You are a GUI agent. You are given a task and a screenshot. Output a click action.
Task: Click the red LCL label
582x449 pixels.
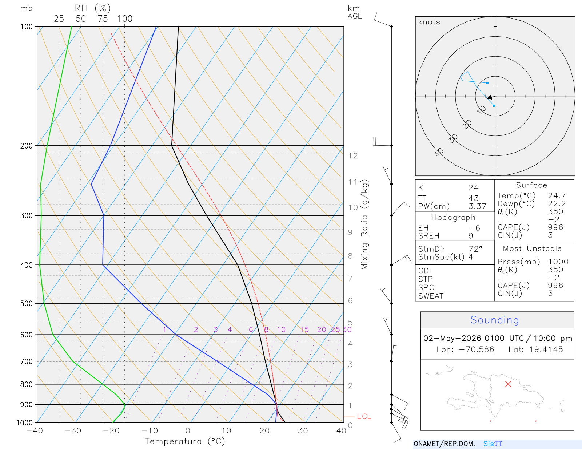click(x=364, y=416)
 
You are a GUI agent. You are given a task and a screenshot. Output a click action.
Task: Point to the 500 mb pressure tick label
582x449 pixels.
click(x=26, y=304)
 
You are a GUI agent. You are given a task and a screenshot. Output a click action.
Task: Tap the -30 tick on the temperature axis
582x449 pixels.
click(x=73, y=431)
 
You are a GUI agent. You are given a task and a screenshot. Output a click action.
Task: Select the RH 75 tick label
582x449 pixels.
click(x=103, y=19)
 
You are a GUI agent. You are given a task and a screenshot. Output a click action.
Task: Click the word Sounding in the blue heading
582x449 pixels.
click(x=494, y=320)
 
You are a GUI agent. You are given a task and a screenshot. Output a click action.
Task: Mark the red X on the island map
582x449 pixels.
click(x=508, y=384)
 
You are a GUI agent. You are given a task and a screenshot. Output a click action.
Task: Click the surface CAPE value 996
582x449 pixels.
click(x=555, y=227)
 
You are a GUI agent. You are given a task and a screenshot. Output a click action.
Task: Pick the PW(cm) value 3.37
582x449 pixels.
click(x=477, y=206)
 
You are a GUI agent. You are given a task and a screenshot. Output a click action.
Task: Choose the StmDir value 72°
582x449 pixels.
click(x=475, y=249)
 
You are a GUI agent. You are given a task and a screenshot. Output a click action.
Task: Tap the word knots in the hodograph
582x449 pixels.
click(x=429, y=22)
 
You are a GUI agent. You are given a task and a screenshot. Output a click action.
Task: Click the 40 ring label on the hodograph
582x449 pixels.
click(x=439, y=153)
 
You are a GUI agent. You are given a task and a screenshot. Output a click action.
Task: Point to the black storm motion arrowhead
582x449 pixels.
click(x=490, y=97)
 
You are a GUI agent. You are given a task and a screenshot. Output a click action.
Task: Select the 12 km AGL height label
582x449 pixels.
click(x=353, y=156)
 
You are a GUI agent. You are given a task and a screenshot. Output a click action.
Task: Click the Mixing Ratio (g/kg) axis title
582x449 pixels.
click(x=365, y=224)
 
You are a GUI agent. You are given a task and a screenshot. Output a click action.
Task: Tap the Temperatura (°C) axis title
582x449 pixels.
click(x=185, y=441)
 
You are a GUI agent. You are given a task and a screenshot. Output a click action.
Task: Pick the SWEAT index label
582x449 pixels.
click(x=431, y=296)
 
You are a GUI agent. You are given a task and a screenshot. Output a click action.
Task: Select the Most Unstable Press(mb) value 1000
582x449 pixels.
click(x=558, y=262)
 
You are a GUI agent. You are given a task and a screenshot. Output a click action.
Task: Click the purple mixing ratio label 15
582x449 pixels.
click(x=304, y=329)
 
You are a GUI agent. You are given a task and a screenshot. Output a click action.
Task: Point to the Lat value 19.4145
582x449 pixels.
click(x=546, y=349)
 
